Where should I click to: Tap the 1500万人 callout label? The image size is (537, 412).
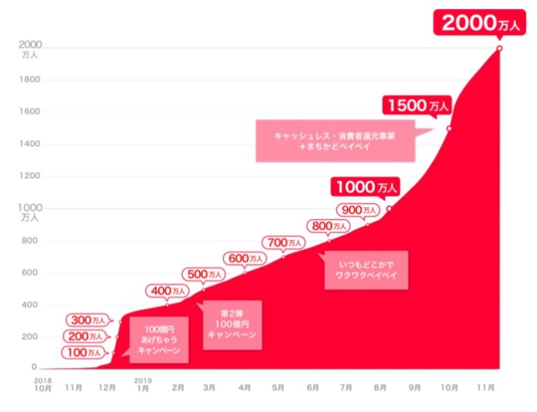coord(417,106)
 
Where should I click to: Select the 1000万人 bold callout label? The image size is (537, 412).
coord(366,187)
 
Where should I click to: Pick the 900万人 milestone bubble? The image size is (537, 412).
coord(358,209)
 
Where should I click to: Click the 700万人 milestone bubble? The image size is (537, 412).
coord(283,243)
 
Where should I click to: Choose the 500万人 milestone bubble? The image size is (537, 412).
coord(204,274)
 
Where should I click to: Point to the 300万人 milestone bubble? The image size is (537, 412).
coord(89,320)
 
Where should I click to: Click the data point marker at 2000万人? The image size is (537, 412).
coord(499,48)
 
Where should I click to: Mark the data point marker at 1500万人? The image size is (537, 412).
coord(449,128)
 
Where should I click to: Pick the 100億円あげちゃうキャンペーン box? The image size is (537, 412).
coord(159,340)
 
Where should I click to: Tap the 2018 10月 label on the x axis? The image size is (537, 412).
coord(42,385)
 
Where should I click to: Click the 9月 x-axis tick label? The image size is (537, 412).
coord(415,387)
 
